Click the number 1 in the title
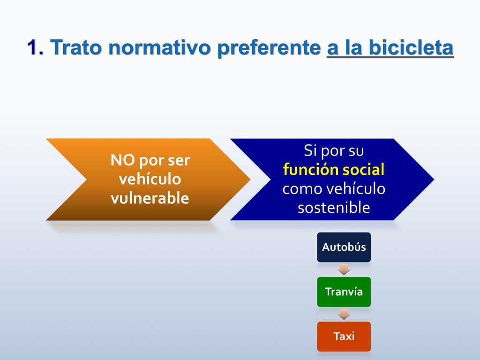[x=33, y=47]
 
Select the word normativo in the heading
[x=159, y=48]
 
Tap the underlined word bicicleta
[x=411, y=47]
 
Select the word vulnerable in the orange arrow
[x=150, y=198]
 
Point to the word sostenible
[x=334, y=207]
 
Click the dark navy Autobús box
[x=344, y=247]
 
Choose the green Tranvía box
[x=344, y=292]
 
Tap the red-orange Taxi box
[x=344, y=337]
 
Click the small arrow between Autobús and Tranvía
[x=344, y=270]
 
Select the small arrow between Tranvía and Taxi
[x=344, y=314]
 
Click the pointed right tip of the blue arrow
[x=434, y=180]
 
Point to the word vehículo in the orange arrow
[x=150, y=179]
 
